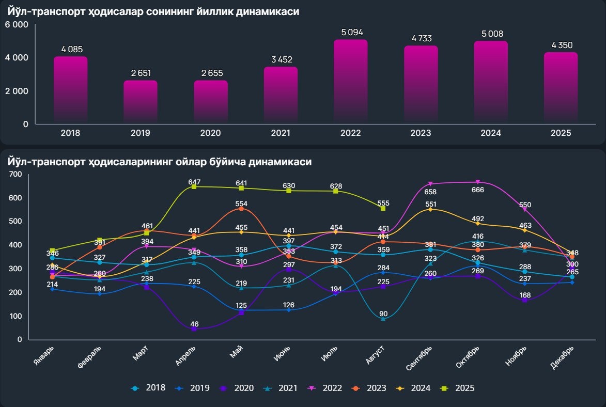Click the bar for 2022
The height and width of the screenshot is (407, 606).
point(350,82)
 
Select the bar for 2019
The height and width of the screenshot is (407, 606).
point(140,102)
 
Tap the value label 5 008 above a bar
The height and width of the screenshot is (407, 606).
point(491,34)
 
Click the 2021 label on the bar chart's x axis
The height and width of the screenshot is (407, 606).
point(281,133)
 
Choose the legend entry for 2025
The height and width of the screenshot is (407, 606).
point(459,388)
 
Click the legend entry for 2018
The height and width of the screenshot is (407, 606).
point(149,388)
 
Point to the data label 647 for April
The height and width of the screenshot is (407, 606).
point(195,182)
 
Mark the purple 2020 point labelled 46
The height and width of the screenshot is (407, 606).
point(194,328)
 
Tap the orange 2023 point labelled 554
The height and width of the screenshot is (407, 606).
point(241,209)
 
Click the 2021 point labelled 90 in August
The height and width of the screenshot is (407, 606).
point(383,319)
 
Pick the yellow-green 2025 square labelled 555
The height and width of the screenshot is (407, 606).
point(383,208)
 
